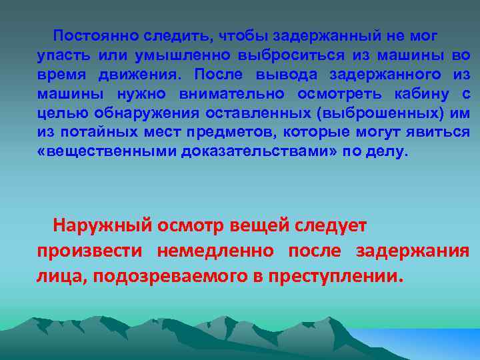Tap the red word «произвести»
click(89, 251)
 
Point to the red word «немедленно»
click(215, 251)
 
